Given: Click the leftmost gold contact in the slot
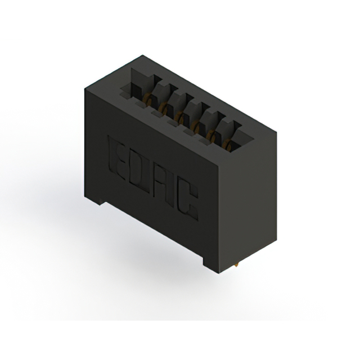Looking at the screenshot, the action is pyautogui.click(x=147, y=99).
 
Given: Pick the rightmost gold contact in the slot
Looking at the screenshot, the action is pyautogui.click(x=227, y=144).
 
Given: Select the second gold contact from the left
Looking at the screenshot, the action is pyautogui.click(x=163, y=107).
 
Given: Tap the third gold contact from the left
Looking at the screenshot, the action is pyautogui.click(x=179, y=116).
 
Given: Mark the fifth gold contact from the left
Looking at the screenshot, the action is pyautogui.click(x=211, y=135).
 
